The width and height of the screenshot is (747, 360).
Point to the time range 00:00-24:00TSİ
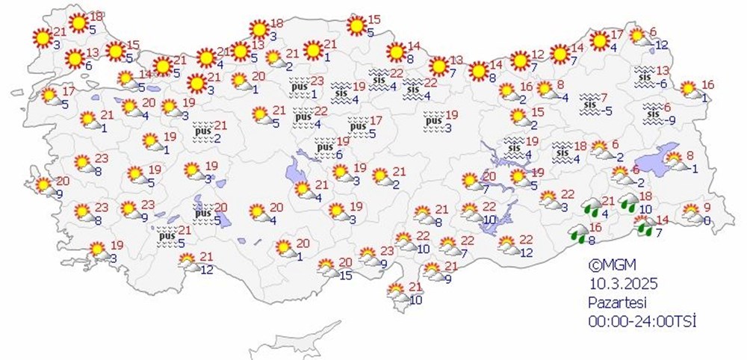(x=642, y=320)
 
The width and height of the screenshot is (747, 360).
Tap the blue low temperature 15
(x=346, y=276)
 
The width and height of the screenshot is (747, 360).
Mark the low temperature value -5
(x=608, y=112)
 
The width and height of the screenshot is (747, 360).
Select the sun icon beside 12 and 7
(x=519, y=60)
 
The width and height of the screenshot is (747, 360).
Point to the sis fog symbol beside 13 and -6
(x=644, y=75)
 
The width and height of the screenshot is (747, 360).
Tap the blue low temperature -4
(x=565, y=97)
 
